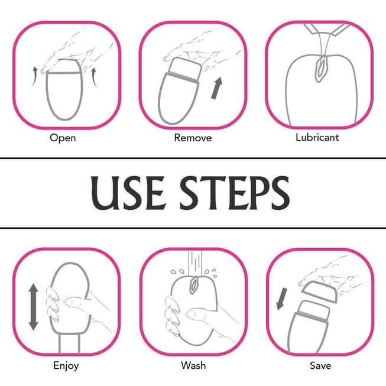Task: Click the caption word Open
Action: tap(63, 138)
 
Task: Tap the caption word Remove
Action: tap(193, 138)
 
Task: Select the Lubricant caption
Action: tap(317, 137)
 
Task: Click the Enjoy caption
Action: tap(66, 365)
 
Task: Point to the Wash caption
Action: tap(193, 365)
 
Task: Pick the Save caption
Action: tap(320, 365)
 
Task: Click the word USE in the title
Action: tap(128, 193)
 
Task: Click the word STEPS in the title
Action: tap(235, 193)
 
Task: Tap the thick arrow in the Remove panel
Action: tap(216, 88)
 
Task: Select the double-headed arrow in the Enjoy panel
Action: tap(33, 307)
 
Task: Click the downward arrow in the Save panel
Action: tap(281, 299)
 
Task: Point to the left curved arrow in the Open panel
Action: tap(35, 76)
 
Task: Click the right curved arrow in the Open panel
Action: tap(94, 77)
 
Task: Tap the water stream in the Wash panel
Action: tap(195, 264)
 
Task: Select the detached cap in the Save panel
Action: tap(320, 291)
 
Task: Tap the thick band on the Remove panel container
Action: tap(183, 77)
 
